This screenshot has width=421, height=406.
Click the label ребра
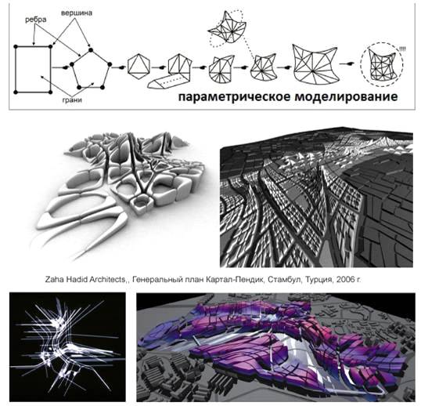pos(36,20)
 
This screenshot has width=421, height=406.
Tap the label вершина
pos(77,13)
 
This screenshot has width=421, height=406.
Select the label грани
pos(72,100)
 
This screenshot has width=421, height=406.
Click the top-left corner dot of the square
pos(16,47)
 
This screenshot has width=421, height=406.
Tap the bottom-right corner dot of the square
pos(51,92)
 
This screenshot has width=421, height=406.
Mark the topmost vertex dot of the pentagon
pos(91,49)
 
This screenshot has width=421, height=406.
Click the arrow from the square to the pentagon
pos(59,67)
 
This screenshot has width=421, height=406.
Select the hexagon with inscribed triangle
pos(139,66)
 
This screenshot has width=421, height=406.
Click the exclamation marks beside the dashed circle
pos(402,49)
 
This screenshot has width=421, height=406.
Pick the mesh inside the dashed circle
pos(382,65)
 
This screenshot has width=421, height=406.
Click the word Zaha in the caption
pos(53,280)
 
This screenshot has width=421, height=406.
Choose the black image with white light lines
pos(67,347)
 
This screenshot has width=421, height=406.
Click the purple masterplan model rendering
pos(275,347)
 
